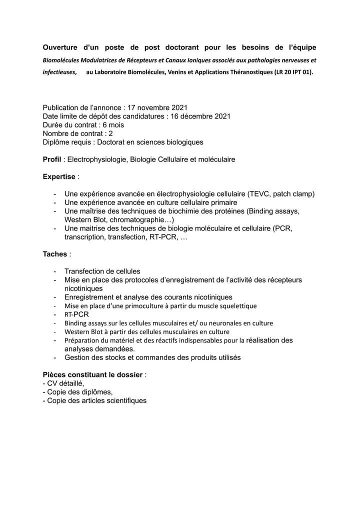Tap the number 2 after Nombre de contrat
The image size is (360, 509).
pos(110,133)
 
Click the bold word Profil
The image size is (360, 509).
pos(53,159)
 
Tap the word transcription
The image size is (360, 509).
pos(84,237)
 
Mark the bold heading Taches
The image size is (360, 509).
pos(55,254)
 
